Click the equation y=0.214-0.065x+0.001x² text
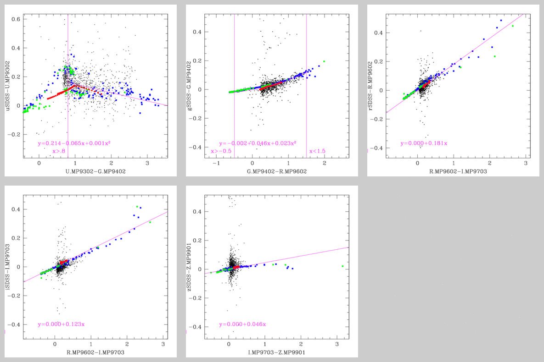click(x=74, y=143)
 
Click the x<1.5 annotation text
click(x=317, y=151)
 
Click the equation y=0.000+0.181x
click(x=424, y=143)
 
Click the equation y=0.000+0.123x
click(x=61, y=324)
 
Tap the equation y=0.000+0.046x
click(x=242, y=324)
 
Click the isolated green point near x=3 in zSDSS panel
click(x=342, y=266)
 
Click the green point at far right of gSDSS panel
click(x=324, y=61)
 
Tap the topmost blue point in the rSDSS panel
click(x=501, y=20)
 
